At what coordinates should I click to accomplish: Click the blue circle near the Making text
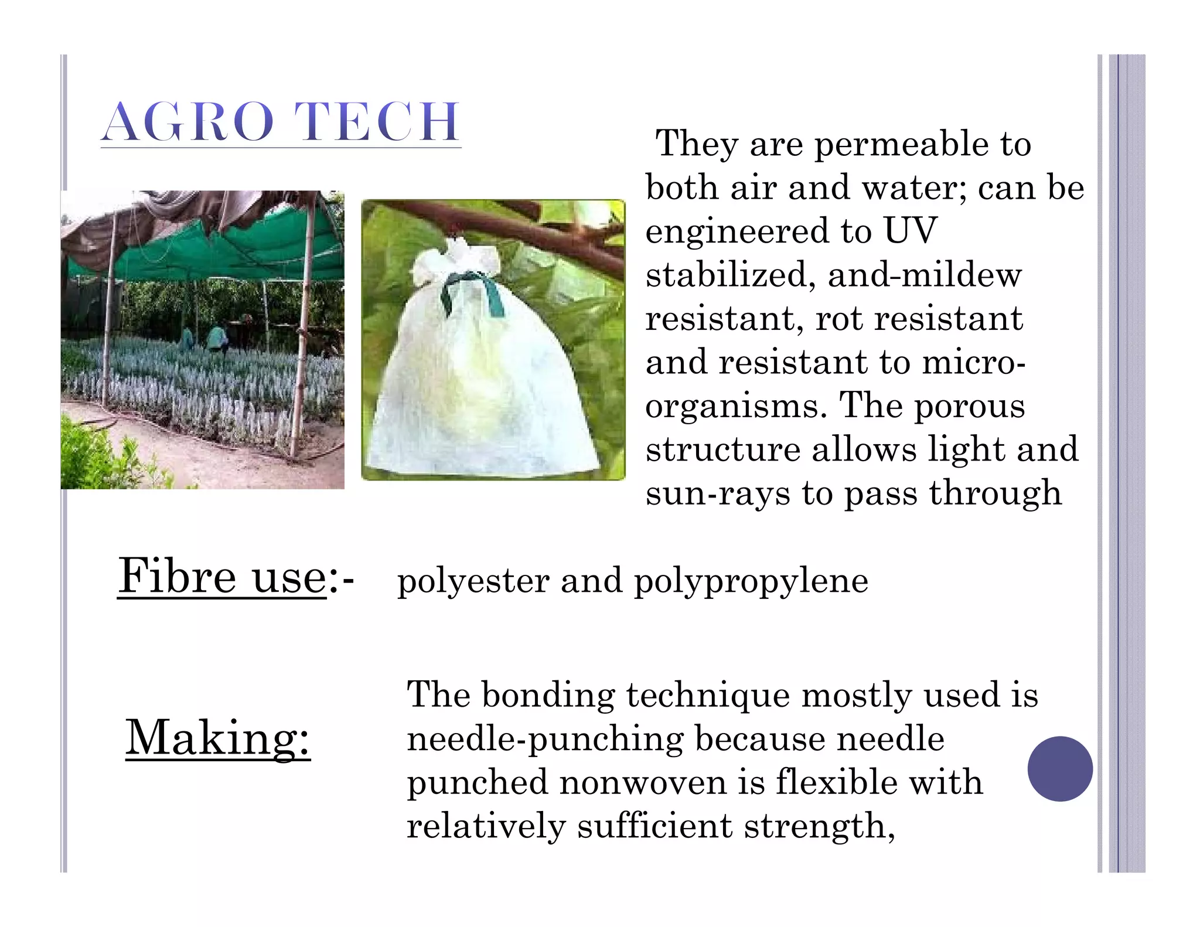pyautogui.click(x=1060, y=768)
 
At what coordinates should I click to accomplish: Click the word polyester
pyautogui.click(x=473, y=581)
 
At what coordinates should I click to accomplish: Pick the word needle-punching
pyautogui.click(x=545, y=739)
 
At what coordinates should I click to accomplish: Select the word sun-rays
pyautogui.click(x=718, y=493)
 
